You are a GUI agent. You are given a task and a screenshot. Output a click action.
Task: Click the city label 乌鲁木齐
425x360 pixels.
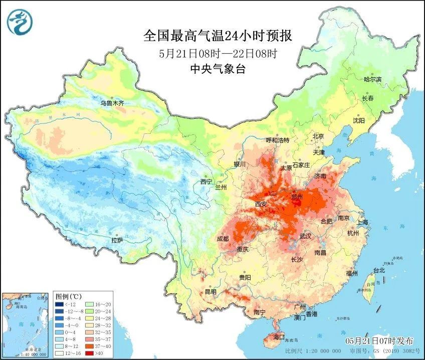[x=111, y=103]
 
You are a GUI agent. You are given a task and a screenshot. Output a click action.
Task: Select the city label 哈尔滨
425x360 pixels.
[x=372, y=80]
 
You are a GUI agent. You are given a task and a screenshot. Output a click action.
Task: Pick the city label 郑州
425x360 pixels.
[x=297, y=197]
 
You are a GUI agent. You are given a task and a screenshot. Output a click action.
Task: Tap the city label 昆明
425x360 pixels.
[x=210, y=291]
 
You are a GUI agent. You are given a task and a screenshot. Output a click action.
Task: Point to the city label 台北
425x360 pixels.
[x=379, y=270]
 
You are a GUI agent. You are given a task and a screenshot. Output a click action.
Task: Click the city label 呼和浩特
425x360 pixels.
[x=277, y=140]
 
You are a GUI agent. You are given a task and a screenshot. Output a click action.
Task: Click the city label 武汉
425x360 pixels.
[x=305, y=236]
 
